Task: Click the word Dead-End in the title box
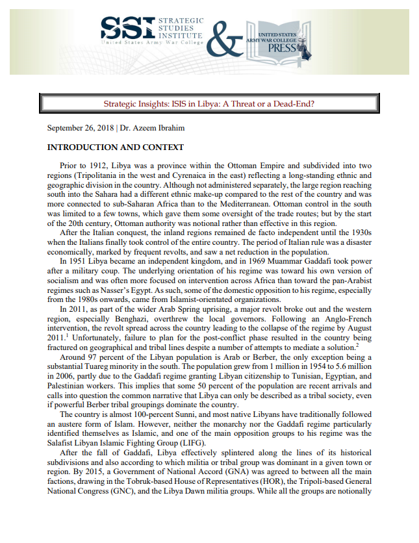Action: point(298,104)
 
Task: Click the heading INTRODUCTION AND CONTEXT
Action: point(116,147)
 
